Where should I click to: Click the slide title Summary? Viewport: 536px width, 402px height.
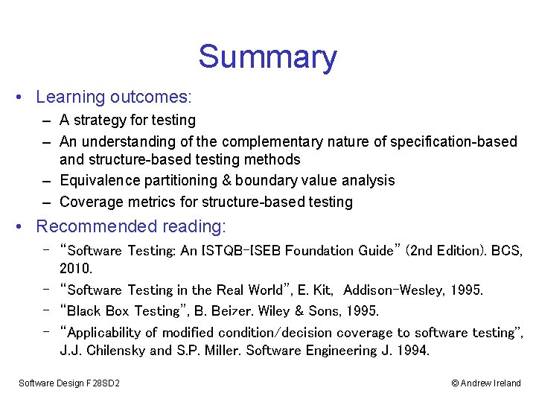click(x=267, y=57)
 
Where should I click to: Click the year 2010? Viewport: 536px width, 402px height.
click(x=75, y=267)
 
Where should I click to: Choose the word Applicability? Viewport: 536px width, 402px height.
click(x=111, y=333)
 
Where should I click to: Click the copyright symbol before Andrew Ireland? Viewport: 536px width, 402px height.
click(x=455, y=383)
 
